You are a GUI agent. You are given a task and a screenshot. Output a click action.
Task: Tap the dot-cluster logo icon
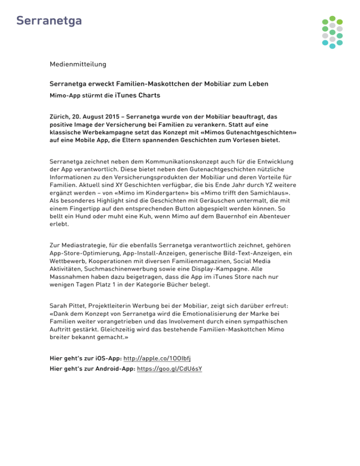(x=332, y=32)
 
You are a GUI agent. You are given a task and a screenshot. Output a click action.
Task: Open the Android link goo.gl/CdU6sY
(x=170, y=368)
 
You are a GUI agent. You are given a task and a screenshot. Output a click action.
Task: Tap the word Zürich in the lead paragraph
(x=60, y=115)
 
